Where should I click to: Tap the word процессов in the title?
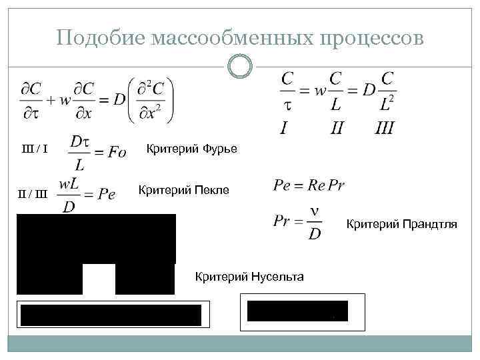(x=373, y=37)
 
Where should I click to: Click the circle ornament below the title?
(x=240, y=67)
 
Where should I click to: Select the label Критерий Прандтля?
(x=401, y=224)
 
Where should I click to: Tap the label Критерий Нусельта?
(x=249, y=276)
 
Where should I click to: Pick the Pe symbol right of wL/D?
(x=107, y=195)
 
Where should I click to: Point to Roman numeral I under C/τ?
(x=285, y=127)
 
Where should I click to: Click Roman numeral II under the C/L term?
(x=337, y=127)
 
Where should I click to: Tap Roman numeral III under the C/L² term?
(x=385, y=127)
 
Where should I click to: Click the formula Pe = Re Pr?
(x=309, y=185)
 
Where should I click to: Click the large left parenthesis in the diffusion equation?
(x=132, y=100)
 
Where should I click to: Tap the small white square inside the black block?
(x=99, y=279)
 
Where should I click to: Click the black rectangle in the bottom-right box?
(x=297, y=311)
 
